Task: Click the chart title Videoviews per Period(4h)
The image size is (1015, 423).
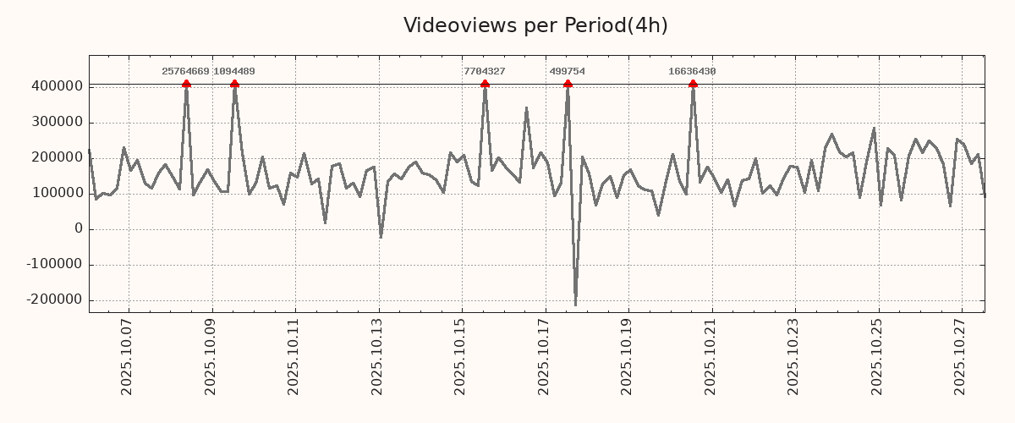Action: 535,25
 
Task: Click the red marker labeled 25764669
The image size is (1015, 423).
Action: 186,84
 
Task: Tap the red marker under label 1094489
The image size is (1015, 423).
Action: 234,84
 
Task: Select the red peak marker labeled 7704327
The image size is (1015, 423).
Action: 485,84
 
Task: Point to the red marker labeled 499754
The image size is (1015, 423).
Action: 568,84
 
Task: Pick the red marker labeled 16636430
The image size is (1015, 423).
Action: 693,84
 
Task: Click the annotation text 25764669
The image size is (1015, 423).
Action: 185,72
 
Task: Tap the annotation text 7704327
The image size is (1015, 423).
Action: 485,72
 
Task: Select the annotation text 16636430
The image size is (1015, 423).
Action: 692,72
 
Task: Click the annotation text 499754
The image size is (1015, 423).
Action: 567,72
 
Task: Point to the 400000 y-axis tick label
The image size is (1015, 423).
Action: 56,86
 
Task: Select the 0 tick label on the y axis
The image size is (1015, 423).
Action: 79,228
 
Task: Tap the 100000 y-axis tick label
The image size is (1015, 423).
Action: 56,193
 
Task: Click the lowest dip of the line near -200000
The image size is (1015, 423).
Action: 575,305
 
